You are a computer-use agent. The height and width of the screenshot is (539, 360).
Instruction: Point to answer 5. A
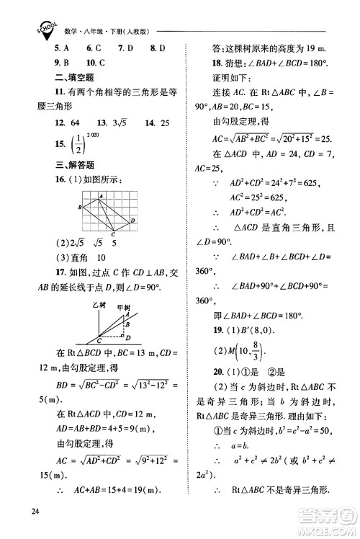[x=61, y=48]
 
